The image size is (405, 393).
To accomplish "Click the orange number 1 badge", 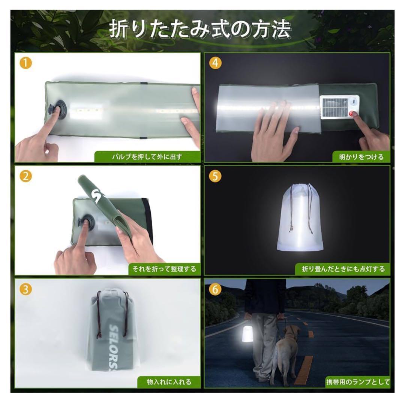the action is point(25,63).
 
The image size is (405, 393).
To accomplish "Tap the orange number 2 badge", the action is point(25,176).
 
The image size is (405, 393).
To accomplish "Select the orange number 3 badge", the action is point(25,289).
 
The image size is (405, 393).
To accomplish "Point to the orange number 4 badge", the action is point(215,63).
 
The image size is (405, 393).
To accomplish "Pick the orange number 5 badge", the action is point(215,176).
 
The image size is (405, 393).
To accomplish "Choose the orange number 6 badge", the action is point(215,289).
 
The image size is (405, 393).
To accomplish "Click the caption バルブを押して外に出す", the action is point(147,156).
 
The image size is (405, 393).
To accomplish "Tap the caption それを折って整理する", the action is point(164,269).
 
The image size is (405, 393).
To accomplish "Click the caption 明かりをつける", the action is point(361,156).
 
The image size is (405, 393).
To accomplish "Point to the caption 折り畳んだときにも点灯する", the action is point(343,269).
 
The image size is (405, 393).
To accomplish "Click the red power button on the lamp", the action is point(351,113).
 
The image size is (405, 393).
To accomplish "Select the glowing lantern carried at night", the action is point(248,334).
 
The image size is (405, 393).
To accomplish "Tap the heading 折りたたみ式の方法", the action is point(200,29).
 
